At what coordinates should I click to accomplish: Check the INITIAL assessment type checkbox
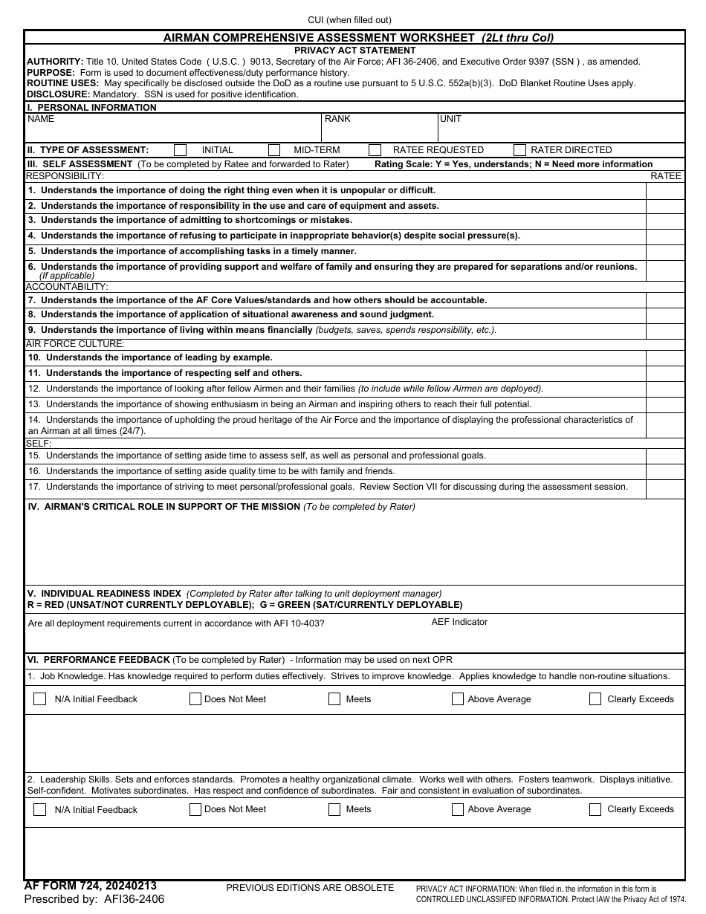pyautogui.click(x=181, y=150)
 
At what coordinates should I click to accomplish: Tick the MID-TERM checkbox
pyautogui.click(x=274, y=150)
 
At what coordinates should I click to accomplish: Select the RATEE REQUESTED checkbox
pyautogui.click(x=375, y=150)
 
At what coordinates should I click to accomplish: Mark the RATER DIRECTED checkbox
pyautogui.click(x=519, y=150)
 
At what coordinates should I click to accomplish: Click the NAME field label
pyautogui.click(x=41, y=119)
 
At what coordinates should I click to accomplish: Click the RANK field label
pyautogui.click(x=337, y=119)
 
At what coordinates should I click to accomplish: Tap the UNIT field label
pyautogui.click(x=450, y=119)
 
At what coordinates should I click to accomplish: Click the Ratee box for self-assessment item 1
pyautogui.click(x=665, y=191)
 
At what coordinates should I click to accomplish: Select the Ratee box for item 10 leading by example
pyautogui.click(x=665, y=358)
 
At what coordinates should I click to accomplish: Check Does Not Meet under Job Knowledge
pyautogui.click(x=195, y=699)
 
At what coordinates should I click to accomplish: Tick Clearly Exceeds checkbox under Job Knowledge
pyautogui.click(x=595, y=699)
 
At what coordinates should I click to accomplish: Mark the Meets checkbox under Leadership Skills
pyautogui.click(x=334, y=810)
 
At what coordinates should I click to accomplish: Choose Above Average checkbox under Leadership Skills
pyautogui.click(x=458, y=810)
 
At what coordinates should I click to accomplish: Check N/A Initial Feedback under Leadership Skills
pyautogui.click(x=40, y=810)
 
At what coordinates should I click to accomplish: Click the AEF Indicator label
pyautogui.click(x=459, y=622)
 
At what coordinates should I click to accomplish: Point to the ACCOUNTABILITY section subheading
pyautogui.click(x=67, y=287)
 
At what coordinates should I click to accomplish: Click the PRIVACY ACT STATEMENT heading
pyautogui.click(x=354, y=51)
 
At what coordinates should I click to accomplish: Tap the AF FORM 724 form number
pyautogui.click(x=90, y=886)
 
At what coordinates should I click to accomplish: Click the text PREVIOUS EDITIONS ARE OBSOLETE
pyautogui.click(x=310, y=888)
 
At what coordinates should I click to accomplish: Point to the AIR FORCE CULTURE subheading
pyautogui.click(x=75, y=344)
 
